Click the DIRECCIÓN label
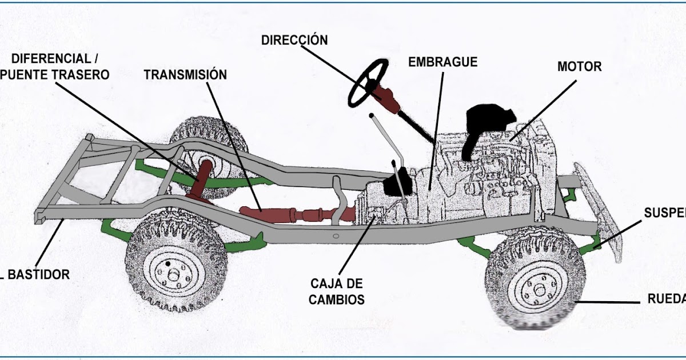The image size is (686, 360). pyautogui.click(x=294, y=40)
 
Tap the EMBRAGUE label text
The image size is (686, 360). pyautogui.click(x=442, y=62)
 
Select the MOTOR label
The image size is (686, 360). pyautogui.click(x=579, y=67)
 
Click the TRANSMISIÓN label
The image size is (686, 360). pyautogui.click(x=185, y=75)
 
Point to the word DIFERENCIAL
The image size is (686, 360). pyautogui.click(x=51, y=59)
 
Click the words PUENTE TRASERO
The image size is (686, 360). pyautogui.click(x=56, y=75)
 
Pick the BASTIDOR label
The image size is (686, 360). pyautogui.click(x=39, y=275)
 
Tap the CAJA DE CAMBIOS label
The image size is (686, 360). pyautogui.click(x=337, y=291)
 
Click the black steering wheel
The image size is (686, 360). pyautogui.click(x=368, y=83)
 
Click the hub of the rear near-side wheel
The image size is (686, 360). pyautogui.click(x=173, y=275)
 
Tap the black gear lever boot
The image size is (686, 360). pyautogui.click(x=396, y=184)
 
